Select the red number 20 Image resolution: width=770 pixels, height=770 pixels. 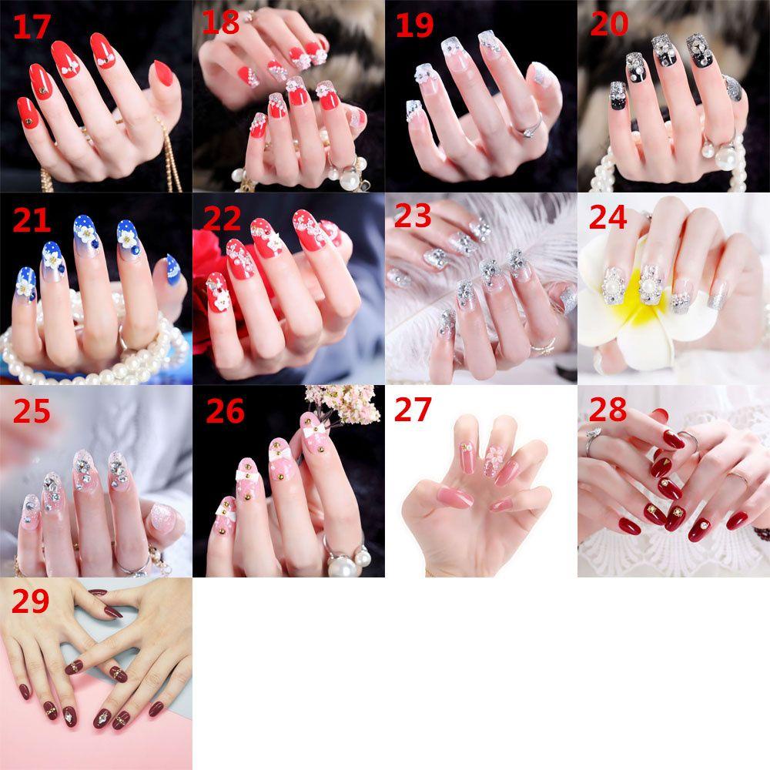[x=609, y=25]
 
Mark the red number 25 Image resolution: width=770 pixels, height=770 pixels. [x=32, y=412]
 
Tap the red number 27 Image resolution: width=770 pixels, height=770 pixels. [x=413, y=410]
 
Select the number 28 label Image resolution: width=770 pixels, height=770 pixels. [x=608, y=410]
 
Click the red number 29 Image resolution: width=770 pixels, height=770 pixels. [x=31, y=601]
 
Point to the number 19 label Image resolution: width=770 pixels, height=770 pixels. [x=414, y=25]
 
